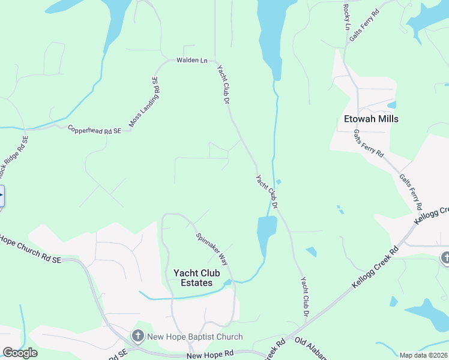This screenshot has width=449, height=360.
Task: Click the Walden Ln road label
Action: point(191,61)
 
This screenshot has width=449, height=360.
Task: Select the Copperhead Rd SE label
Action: point(95,129)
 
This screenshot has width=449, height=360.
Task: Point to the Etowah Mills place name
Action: point(371,119)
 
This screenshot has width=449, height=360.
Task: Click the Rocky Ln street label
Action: point(346,17)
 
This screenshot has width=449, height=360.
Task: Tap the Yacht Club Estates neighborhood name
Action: point(193,278)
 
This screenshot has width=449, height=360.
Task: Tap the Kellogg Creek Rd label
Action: point(376,266)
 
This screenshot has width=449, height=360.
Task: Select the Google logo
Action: point(20,353)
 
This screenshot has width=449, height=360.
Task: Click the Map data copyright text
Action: point(423,355)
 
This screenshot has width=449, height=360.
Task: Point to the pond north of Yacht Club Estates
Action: point(266,234)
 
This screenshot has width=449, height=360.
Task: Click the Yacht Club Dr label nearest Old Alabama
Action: point(305,296)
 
